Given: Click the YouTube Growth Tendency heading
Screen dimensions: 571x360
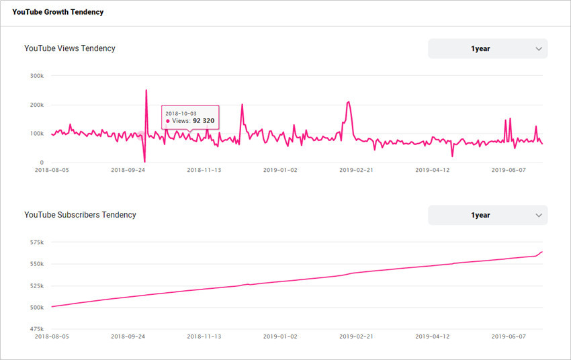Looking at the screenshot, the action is coord(58,12).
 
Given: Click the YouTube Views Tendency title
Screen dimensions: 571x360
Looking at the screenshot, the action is coord(70,48).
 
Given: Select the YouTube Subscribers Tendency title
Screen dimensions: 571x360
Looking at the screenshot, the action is coord(80,215).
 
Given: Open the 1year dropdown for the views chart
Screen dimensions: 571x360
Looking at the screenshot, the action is coord(488,49).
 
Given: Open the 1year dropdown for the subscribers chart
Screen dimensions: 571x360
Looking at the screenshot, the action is coord(488,215).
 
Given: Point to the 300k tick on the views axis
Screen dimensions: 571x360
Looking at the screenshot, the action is coord(37,76).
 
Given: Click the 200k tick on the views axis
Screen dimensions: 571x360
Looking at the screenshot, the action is coord(37,105).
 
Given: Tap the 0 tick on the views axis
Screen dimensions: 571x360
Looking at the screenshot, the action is coord(42,163).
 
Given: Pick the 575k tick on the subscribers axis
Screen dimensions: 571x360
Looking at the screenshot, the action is coord(37,242).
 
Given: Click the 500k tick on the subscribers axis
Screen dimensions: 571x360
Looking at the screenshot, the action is coord(37,308).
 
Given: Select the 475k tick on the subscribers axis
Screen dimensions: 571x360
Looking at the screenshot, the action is coord(37,329).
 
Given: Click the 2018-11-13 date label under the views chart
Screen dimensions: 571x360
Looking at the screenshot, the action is coord(204,170).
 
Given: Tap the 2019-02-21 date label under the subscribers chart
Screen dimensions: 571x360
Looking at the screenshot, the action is coord(356,336).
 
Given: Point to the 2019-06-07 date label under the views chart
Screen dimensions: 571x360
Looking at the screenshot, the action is coord(509,170).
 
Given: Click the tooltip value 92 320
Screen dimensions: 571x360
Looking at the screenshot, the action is coord(204,121).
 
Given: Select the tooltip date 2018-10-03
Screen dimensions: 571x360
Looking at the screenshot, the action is coord(181,114).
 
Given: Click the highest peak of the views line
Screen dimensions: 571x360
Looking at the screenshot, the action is coord(146,90).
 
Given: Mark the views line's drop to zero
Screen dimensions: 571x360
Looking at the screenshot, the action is coord(144,162).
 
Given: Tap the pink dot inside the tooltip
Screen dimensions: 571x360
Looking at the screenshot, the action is coord(167,121).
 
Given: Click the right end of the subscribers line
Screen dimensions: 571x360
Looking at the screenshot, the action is coord(542,252).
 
